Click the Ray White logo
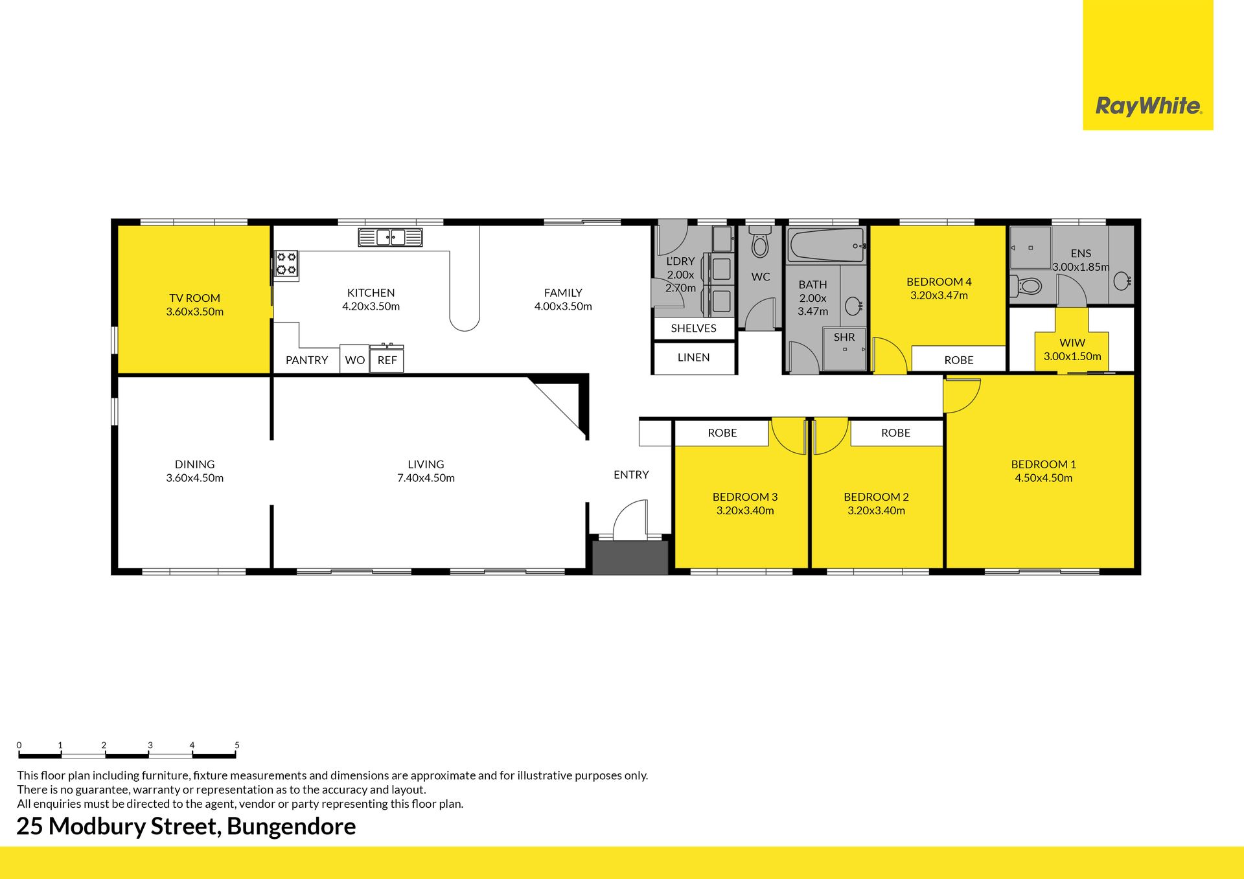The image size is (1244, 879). pos(1148,106)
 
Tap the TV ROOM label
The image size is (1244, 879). pos(194,298)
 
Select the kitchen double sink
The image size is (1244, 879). pos(390,237)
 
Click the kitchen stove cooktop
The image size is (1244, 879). pos(286,264)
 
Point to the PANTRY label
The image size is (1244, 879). pos(306,360)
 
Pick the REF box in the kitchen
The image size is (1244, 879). pos(387,360)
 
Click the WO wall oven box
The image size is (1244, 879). pos(354,360)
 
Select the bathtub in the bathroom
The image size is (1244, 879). pos(826,245)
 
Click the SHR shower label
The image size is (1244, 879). pos(844,337)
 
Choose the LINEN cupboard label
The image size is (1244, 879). pos(693,357)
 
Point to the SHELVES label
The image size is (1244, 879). pos(693,328)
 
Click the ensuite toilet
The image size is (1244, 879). pos(1026,285)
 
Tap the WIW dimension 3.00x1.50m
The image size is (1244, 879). pos(1072,356)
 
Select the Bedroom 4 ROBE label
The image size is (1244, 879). pos(959,360)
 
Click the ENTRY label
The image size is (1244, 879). pos(631,475)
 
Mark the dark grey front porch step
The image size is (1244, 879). pos(630,558)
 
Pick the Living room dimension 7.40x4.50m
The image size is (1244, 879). pos(426,478)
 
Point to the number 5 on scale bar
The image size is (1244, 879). pos(237,745)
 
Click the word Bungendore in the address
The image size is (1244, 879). pos(292,827)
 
